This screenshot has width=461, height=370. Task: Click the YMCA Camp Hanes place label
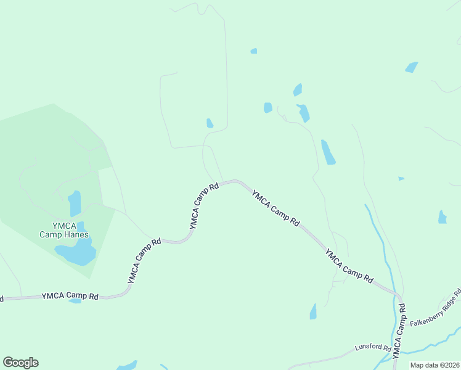[x=64, y=229]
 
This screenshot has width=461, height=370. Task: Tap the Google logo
[x=20, y=363]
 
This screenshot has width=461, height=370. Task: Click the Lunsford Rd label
[x=373, y=348]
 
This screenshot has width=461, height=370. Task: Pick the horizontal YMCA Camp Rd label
[x=70, y=296]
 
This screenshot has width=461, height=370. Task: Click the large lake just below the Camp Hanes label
[x=75, y=253]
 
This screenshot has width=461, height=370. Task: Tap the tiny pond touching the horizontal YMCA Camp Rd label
[x=75, y=301]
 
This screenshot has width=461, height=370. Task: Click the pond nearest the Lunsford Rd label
[x=313, y=312]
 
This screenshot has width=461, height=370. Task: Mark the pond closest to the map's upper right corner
[x=411, y=67]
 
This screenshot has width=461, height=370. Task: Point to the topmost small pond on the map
[x=254, y=51]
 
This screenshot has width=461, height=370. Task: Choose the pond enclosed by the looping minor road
[x=210, y=123]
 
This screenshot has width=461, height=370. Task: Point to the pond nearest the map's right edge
[x=442, y=217]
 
